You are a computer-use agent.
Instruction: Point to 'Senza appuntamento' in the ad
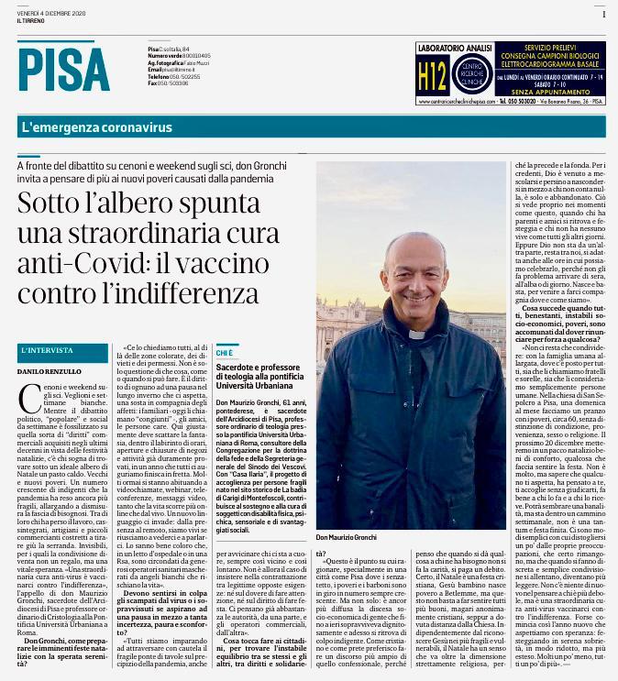click(553, 93)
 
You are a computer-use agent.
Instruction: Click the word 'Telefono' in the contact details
click(160, 76)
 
